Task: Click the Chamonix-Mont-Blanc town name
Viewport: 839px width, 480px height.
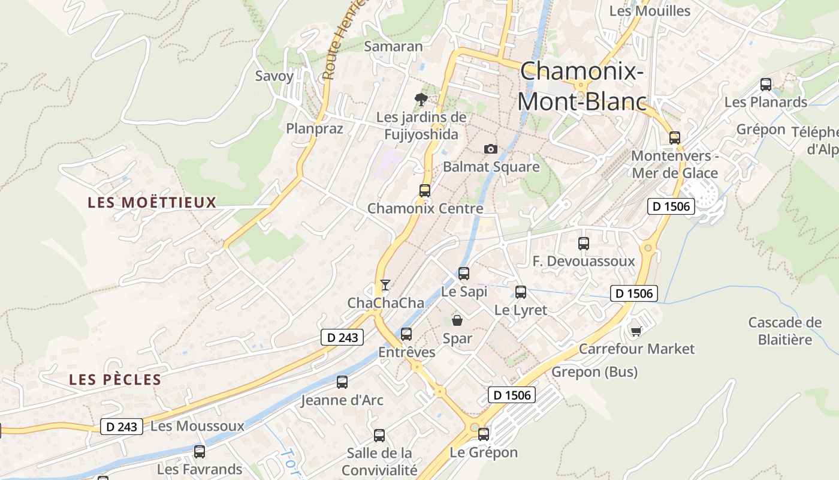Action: pos(582,87)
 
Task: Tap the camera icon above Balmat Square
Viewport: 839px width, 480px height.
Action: pos(490,149)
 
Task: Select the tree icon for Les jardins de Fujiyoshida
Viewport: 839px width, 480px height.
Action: pos(421,99)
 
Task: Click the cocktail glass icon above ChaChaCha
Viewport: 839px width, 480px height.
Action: pos(385,284)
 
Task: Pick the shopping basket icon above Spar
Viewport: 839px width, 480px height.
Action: pos(457,320)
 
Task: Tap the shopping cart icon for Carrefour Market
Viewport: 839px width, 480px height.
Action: pos(636,331)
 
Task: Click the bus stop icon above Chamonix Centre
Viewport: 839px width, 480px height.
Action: pos(425,191)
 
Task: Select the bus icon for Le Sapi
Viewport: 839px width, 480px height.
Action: pos(464,274)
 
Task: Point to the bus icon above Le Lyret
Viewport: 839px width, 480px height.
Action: pos(521,292)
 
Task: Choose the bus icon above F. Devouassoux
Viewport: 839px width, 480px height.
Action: pos(584,244)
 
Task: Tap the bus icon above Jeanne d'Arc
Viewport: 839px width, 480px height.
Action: pos(342,382)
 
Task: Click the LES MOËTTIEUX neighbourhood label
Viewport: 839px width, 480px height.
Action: pos(152,202)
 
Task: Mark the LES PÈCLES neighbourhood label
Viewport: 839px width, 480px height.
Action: pos(115,380)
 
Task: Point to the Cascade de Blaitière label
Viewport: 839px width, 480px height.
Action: pos(784,331)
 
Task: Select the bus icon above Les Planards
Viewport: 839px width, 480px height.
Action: pos(766,85)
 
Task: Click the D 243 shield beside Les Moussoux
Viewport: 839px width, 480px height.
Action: pos(122,427)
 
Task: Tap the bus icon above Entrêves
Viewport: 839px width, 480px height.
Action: pos(406,334)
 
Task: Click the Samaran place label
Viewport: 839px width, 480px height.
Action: pos(393,46)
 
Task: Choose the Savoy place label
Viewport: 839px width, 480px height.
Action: pos(274,76)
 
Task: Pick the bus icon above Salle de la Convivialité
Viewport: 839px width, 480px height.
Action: pos(379,436)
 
